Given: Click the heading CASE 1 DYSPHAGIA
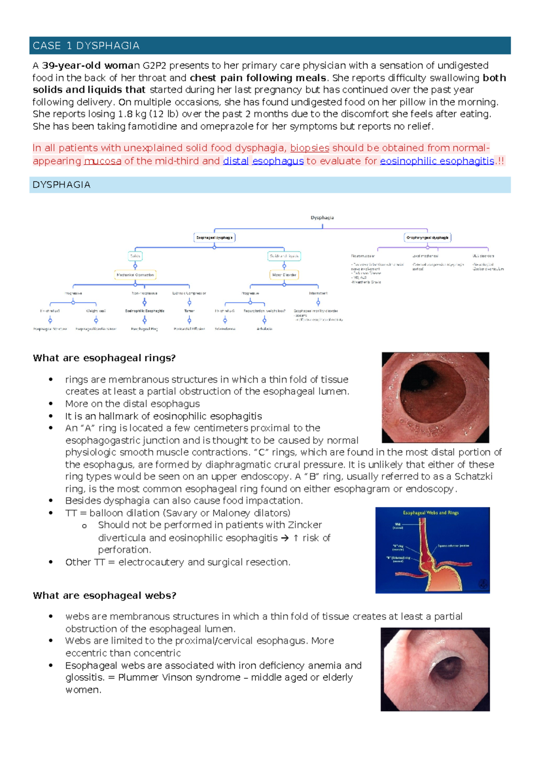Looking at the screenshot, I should (x=86, y=46).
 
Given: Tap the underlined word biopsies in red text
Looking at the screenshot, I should (x=309, y=148).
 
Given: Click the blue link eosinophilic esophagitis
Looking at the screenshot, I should (x=437, y=161).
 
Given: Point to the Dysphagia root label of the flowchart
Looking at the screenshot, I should (x=322, y=218).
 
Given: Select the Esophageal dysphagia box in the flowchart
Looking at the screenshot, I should (x=214, y=237).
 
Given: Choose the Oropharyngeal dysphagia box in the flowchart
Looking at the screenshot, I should (x=427, y=237).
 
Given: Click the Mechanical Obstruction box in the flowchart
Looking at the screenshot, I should (x=135, y=275).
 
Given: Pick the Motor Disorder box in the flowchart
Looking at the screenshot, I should (x=284, y=275).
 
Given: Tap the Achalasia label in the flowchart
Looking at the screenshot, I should (x=265, y=329).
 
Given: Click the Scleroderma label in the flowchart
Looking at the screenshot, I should (x=225, y=329).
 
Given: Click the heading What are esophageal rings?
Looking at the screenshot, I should (x=104, y=358).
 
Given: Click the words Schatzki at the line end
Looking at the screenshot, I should (x=473, y=477).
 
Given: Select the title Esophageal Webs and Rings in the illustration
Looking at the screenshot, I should (x=431, y=513).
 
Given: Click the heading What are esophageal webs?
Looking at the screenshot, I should (x=105, y=595).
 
